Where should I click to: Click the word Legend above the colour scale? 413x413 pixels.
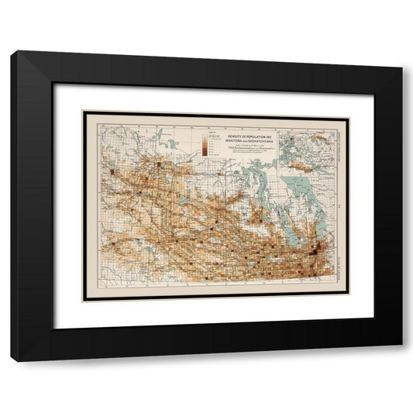click(204, 128)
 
